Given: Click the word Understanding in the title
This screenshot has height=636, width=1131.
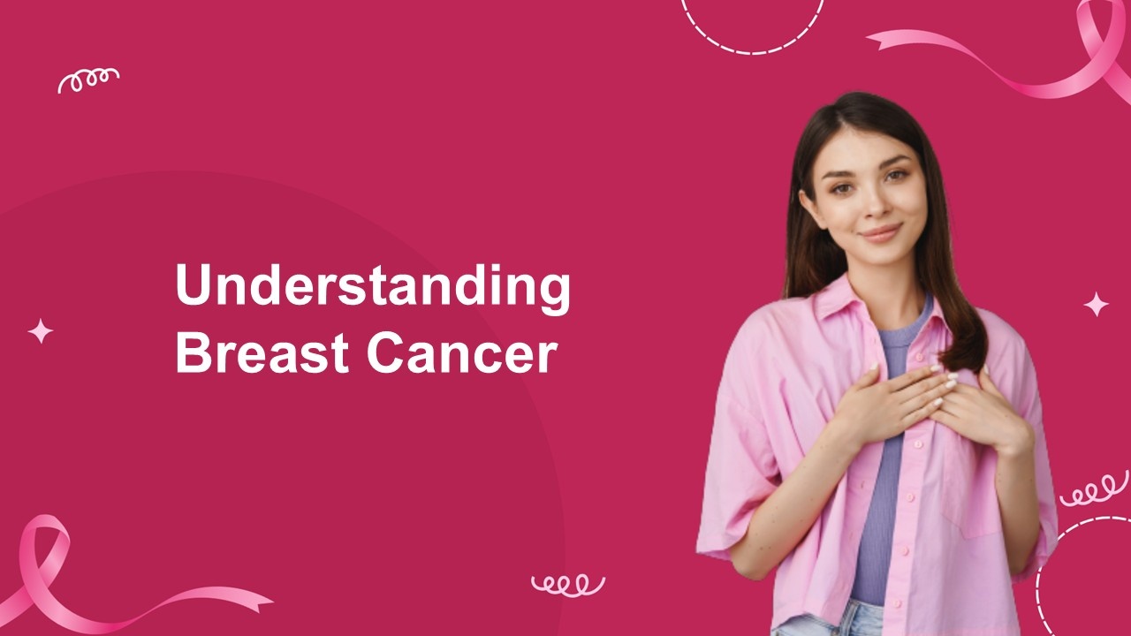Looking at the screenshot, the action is [373, 288].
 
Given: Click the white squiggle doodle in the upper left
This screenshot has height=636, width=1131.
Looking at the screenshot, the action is [88, 80].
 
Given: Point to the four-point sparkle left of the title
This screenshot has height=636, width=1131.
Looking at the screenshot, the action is [41, 331].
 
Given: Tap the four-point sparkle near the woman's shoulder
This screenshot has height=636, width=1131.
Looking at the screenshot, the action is [1097, 305].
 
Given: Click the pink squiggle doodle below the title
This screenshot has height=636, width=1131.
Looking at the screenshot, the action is [568, 586].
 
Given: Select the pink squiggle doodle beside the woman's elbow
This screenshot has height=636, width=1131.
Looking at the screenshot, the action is [1094, 488].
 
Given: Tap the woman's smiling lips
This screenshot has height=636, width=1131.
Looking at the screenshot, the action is [882, 233].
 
